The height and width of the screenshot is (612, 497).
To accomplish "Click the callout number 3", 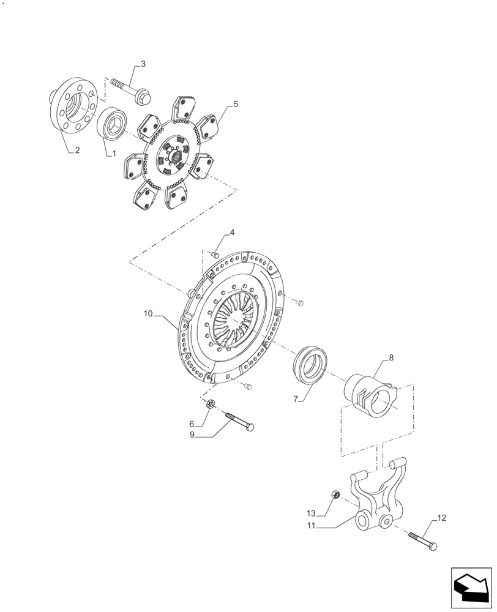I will pos(143,64).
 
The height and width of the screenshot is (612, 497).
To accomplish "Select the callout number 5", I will pos(235,104).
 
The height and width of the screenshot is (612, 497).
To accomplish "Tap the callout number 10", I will pos(148,314).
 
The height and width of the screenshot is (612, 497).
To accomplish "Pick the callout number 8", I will pos(391,357).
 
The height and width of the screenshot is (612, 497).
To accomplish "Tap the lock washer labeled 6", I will pos(209,404).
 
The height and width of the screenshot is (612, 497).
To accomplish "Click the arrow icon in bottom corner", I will pos(471,589).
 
